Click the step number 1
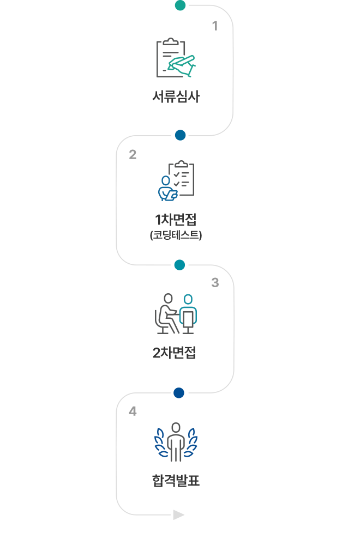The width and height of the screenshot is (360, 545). click(x=215, y=26)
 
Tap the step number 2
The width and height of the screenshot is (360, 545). click(x=133, y=155)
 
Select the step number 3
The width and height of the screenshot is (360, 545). click(x=215, y=283)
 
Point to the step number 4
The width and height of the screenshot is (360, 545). click(x=133, y=411)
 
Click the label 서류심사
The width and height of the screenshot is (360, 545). click(x=176, y=98)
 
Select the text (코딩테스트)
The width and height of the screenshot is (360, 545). click(x=176, y=235)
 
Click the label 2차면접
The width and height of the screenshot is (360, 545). click(x=175, y=353)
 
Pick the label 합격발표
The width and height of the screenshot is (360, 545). click(x=176, y=481)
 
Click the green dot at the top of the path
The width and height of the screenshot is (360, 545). click(x=180, y=5)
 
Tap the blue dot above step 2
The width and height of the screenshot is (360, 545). click(x=180, y=135)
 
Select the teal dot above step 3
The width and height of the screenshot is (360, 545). click(x=179, y=265)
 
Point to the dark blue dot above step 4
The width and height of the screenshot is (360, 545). click(x=179, y=393)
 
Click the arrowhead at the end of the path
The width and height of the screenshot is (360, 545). click(x=179, y=515)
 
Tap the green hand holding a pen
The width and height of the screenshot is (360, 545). click(x=182, y=64)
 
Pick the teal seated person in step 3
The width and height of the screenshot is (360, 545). click(x=188, y=314)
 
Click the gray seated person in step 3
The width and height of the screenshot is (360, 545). click(x=166, y=314)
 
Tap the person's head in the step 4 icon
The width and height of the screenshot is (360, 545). click(x=176, y=426)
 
